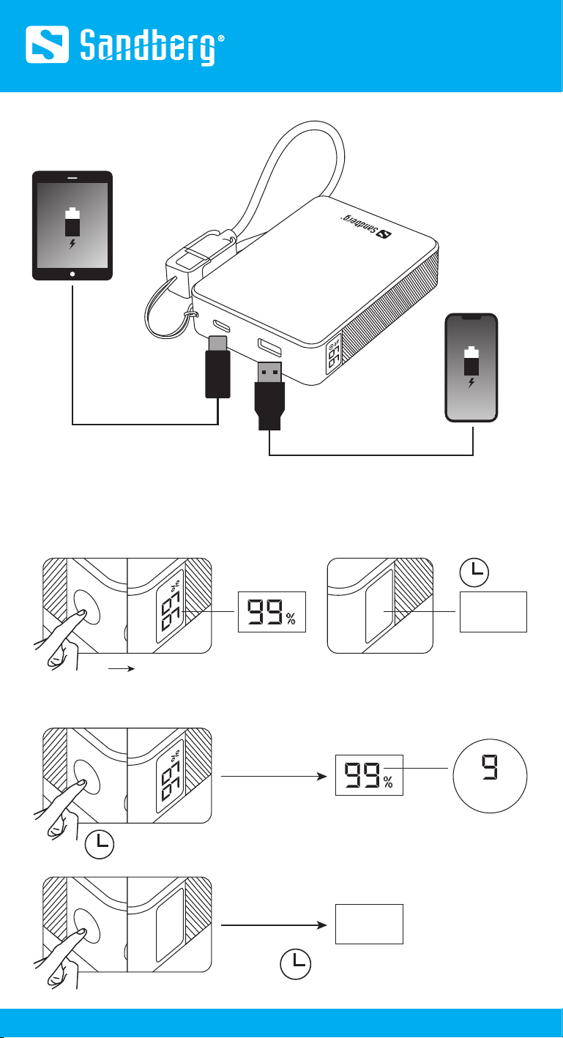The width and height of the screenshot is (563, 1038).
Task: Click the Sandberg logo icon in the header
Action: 47,45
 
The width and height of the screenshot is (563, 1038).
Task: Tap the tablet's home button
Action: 72,274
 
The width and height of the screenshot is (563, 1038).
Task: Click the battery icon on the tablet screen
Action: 72,223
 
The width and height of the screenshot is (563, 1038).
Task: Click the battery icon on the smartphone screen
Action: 471,361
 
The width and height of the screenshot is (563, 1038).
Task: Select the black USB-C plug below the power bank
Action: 217,367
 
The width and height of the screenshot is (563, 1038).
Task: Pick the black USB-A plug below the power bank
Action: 269,396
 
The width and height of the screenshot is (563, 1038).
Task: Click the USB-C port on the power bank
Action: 221,325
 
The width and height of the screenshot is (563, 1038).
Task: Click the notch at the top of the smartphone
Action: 471,317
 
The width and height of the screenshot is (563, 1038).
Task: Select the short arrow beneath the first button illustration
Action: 122,668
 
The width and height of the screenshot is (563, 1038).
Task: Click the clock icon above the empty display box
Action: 474,572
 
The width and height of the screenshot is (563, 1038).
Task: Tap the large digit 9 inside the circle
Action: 490,767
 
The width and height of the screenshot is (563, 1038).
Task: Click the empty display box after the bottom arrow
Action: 369,924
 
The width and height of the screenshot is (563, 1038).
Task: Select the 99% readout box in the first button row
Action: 272,612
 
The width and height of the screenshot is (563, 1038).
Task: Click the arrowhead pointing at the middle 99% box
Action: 322,776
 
